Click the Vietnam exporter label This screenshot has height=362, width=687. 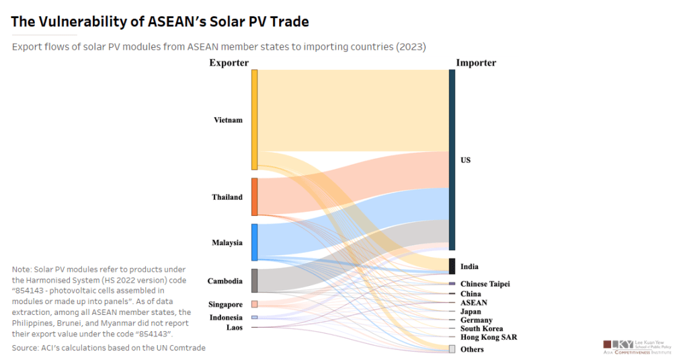(228, 120)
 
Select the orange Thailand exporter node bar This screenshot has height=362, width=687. (255, 196)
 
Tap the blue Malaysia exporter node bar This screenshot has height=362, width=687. (255, 242)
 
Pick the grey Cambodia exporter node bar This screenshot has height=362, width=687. (255, 281)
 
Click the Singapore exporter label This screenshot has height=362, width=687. (225, 305)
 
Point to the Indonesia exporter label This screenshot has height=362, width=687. (226, 318)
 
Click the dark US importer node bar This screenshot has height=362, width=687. (452, 159)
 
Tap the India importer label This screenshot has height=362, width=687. (469, 266)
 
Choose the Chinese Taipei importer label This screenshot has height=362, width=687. (485, 284)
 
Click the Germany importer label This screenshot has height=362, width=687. (476, 320)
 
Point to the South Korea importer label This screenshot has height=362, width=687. (481, 329)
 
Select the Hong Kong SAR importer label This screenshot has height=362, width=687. (488, 337)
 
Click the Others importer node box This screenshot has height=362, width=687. (452, 349)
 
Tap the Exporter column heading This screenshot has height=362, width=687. (229, 63)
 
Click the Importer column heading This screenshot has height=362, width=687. (476, 63)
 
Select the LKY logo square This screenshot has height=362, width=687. (609, 345)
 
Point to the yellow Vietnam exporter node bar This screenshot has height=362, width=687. (255, 119)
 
